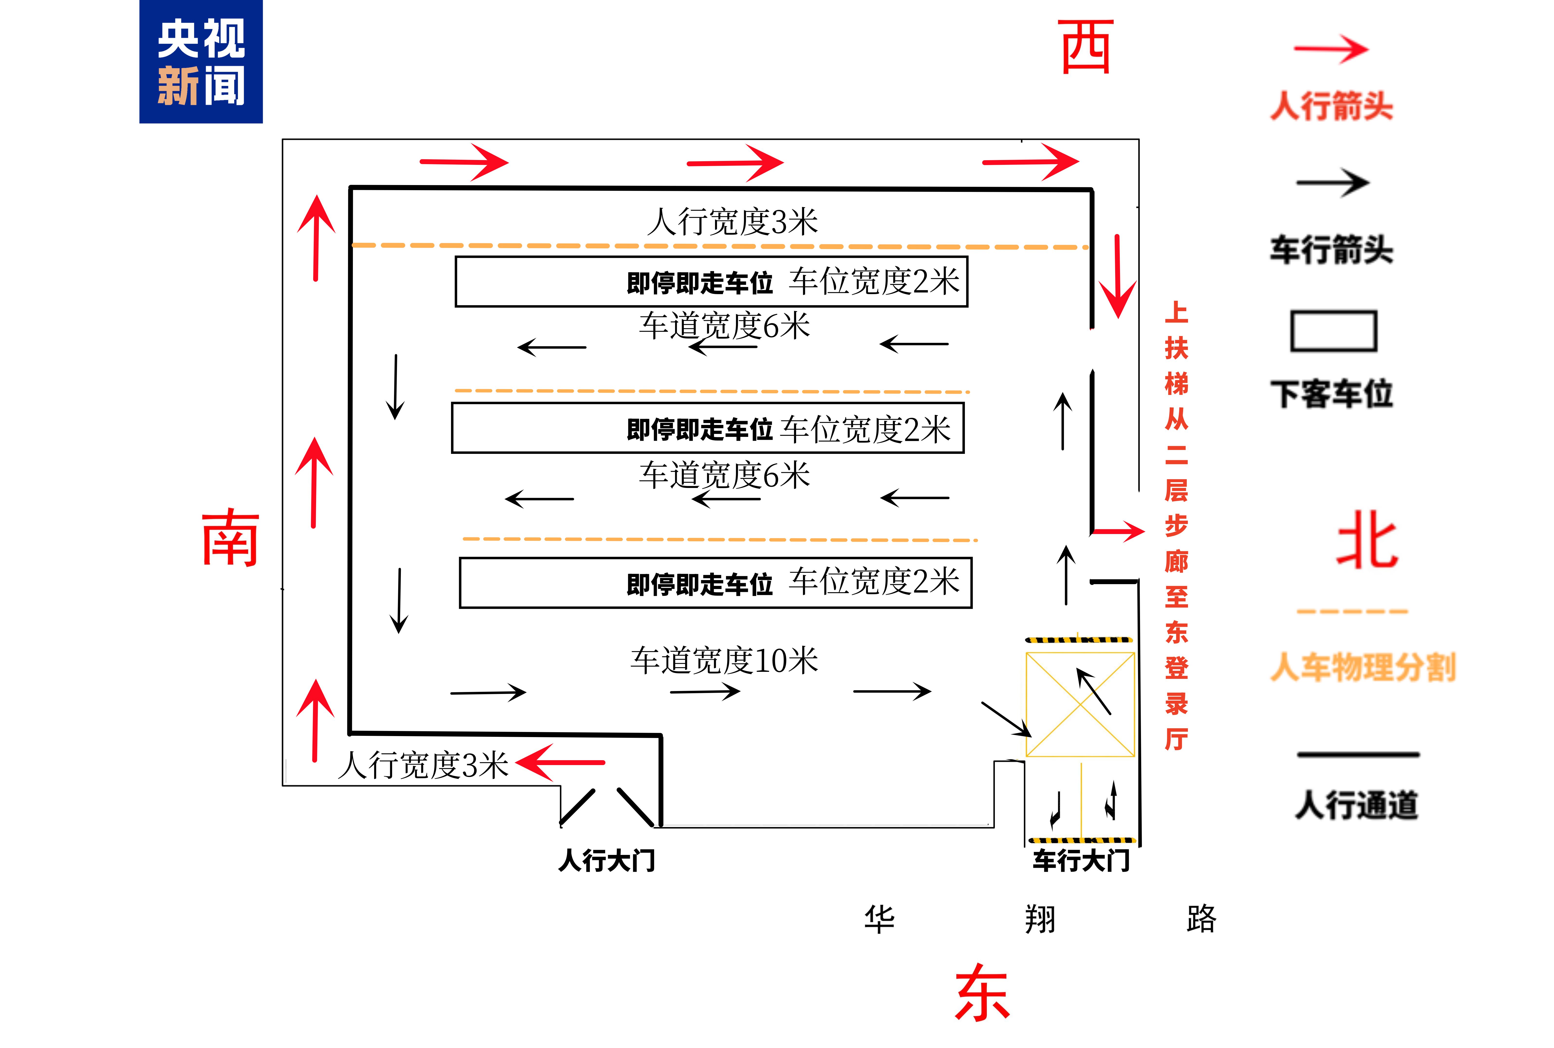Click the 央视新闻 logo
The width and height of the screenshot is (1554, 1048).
point(200,62)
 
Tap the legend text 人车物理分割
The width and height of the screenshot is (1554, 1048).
point(1362,667)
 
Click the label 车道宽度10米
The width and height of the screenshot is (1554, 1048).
point(724,660)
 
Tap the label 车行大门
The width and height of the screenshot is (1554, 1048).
point(1081,860)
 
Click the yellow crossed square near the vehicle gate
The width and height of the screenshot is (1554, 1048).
point(1079,704)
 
